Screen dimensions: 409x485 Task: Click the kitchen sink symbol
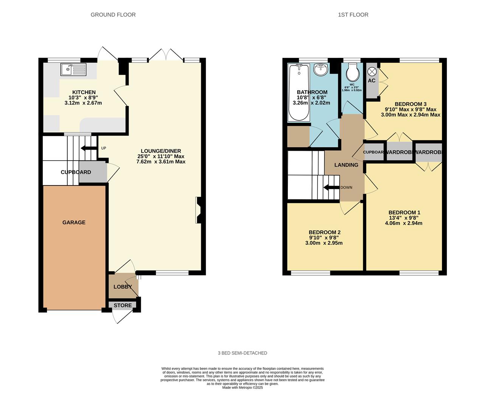(x=73, y=70)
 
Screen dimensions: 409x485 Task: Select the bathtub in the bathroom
(x=298, y=92)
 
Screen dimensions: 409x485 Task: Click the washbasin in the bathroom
(x=322, y=69)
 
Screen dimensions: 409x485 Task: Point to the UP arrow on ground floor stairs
(x=89, y=148)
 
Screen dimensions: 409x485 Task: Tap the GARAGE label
(x=74, y=222)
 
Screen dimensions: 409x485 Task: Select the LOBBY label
(x=123, y=287)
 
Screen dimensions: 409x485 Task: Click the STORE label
(x=123, y=305)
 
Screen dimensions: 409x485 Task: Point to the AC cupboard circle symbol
(x=372, y=71)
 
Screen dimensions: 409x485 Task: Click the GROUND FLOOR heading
(x=113, y=15)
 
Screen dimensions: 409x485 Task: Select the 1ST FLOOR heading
(x=353, y=15)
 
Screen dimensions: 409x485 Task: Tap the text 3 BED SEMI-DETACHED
(x=242, y=353)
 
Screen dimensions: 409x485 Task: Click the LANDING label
(x=346, y=165)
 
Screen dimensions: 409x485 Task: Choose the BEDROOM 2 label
(x=324, y=232)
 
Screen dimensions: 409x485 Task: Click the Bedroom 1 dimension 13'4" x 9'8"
(x=404, y=218)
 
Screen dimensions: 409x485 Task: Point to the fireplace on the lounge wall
(x=198, y=210)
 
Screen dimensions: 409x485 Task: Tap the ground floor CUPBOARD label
(x=76, y=172)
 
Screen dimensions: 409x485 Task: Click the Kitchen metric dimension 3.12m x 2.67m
(x=83, y=103)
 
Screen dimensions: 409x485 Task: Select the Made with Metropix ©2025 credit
(x=242, y=387)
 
